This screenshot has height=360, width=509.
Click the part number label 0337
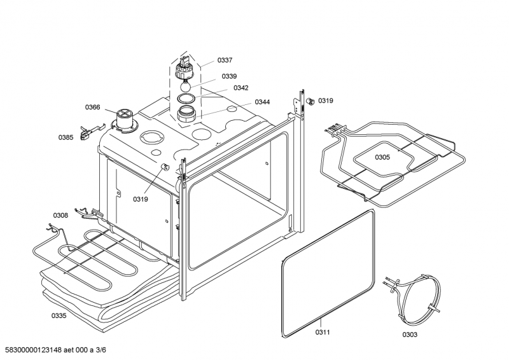tap(225, 60)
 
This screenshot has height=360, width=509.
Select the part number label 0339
tap(229, 76)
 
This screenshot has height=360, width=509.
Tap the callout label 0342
tap(241, 88)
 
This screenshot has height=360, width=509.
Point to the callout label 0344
tap(262, 102)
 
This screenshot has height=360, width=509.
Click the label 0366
tap(92, 107)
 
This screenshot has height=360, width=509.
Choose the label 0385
tap(66, 137)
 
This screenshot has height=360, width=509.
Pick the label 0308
tap(60, 215)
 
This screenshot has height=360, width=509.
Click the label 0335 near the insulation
tap(59, 315)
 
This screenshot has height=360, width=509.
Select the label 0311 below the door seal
tap(323, 332)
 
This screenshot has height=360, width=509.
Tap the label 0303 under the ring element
tap(410, 335)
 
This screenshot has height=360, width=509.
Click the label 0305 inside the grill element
tap(382, 158)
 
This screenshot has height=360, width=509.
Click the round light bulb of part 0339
tap(185, 86)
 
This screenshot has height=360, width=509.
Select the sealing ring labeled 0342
tap(186, 98)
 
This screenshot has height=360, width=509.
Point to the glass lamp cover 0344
tap(186, 114)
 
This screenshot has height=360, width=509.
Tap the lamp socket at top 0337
tap(185, 68)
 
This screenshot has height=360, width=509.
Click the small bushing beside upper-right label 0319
tap(310, 101)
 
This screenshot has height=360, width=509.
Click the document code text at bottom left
tap(53, 350)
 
